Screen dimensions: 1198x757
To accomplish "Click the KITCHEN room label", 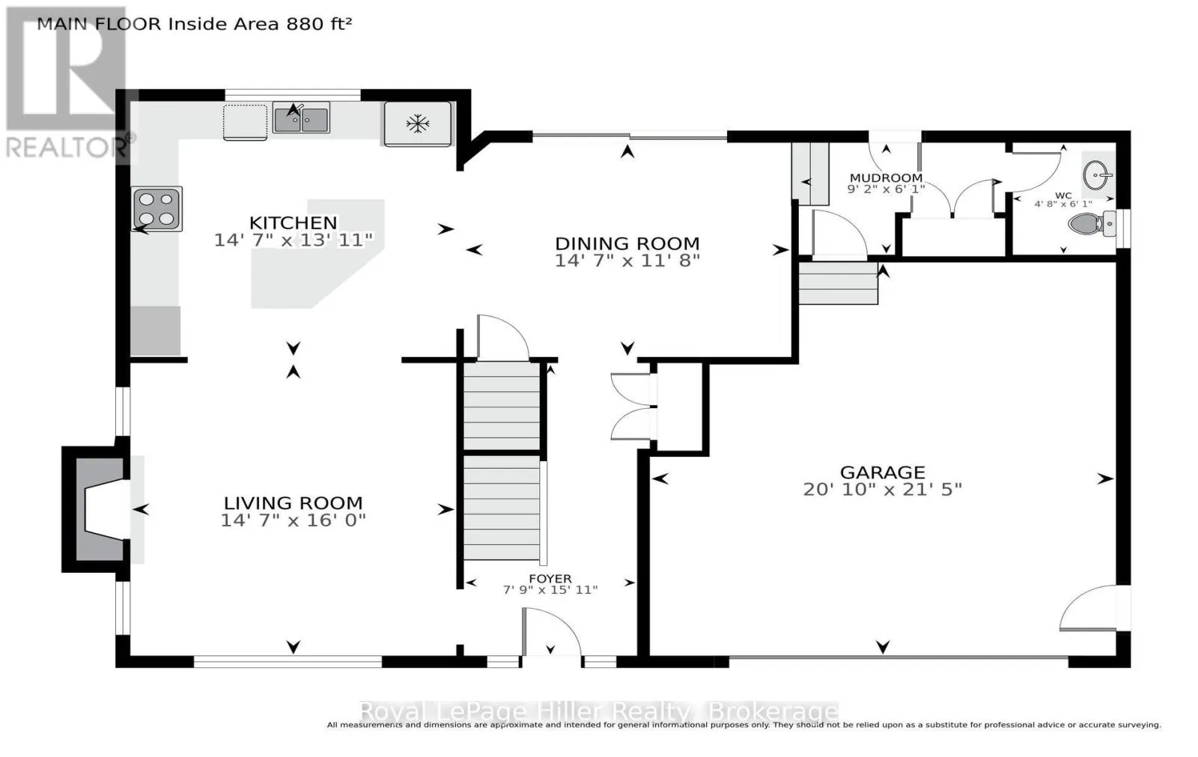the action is pos(293,222).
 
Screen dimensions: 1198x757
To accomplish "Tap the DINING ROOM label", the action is pos(627,243).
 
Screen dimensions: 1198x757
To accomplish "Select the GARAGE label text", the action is pos(883,472).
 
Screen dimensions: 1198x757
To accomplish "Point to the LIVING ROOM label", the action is pos(293,503).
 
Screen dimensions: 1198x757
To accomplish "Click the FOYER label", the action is pos(550,578).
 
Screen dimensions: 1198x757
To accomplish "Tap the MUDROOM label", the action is pos(887,177).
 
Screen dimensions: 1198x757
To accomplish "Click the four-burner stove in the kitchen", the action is pos(157,209).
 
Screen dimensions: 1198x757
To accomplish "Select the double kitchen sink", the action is pos(301,118).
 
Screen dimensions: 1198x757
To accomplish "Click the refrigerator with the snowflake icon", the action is pos(418,124).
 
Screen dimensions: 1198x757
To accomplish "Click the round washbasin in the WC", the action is pos(1098,174).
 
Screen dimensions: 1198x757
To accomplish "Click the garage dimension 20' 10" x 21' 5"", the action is pos(883,490).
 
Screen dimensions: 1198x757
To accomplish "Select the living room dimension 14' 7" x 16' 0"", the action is pos(293,520).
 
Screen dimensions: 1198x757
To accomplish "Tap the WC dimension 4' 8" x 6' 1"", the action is pos(1063,204).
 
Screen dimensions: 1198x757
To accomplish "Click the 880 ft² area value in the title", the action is pos(319,24).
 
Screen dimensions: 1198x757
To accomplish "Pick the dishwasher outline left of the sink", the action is pos(245,123).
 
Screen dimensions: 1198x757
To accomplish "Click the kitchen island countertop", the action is pos(318,254).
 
